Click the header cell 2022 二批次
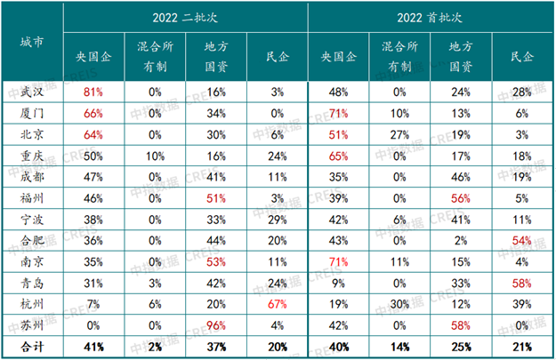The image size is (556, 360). click(185, 18)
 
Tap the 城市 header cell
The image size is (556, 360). click(32, 41)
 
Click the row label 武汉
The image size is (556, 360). click(32, 92)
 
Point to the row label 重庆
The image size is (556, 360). click(32, 153)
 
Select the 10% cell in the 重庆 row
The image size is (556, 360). click(154, 153)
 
